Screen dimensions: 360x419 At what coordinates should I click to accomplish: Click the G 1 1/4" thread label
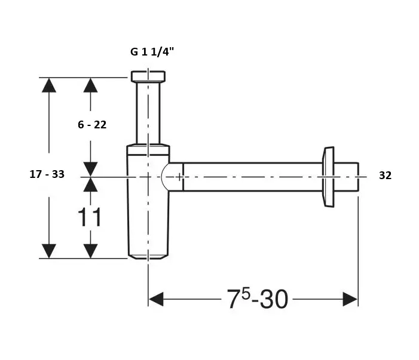152,52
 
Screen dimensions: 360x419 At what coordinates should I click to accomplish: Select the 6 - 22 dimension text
92,125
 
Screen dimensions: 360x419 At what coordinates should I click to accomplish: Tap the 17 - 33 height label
47,174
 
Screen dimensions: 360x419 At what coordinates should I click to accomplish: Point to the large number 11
90,218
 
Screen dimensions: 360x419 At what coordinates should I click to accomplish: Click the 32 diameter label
385,176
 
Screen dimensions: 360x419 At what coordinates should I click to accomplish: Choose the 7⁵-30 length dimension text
257,299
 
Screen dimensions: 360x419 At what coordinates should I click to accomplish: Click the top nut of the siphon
148,76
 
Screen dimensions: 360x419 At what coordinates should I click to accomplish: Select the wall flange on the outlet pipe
327,177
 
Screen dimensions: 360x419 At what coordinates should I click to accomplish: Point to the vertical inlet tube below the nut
148,113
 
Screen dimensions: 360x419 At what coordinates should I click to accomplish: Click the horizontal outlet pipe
251,177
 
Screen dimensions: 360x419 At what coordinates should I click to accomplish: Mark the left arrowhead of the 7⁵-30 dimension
156,299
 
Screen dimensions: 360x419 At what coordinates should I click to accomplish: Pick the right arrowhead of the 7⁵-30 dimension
350,299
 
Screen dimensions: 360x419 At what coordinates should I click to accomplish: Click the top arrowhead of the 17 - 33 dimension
49,85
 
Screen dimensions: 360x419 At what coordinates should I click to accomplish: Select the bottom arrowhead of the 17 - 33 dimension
49,251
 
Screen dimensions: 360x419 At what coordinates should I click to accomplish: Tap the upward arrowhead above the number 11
90,184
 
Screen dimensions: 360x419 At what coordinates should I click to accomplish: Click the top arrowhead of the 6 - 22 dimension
90,85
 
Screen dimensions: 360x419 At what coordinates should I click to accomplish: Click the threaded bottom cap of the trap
148,255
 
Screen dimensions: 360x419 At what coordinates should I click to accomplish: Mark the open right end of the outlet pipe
357,177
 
